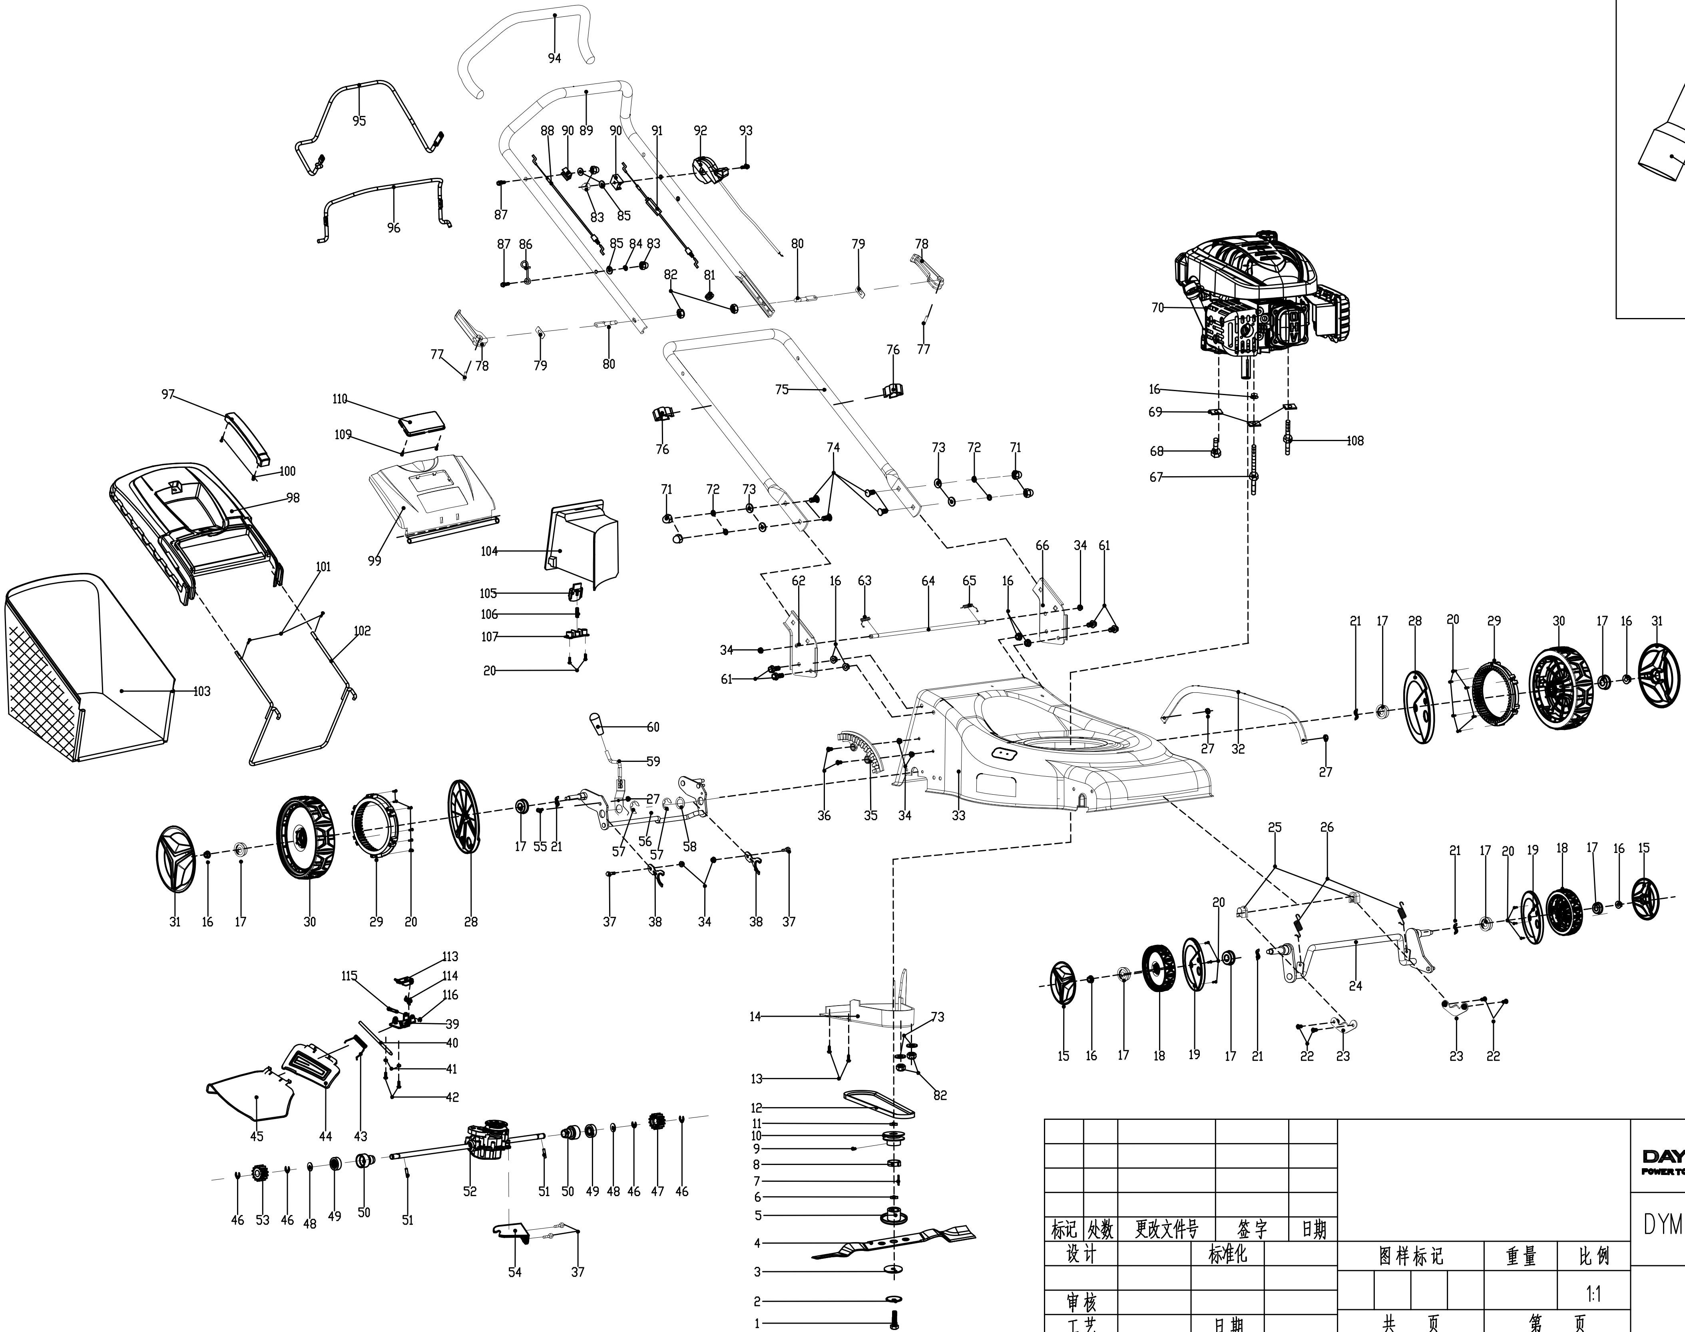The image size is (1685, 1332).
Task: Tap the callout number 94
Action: [x=554, y=58]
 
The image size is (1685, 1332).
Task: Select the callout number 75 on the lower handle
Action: [x=782, y=389]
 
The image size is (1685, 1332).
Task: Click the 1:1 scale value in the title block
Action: [x=1593, y=1294]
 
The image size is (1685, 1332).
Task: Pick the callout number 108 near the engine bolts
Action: [x=1355, y=441]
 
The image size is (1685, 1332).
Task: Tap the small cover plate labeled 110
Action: [x=421, y=423]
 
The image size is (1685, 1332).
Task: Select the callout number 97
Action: [x=168, y=395]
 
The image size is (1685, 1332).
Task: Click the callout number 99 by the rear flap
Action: [x=374, y=561]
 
